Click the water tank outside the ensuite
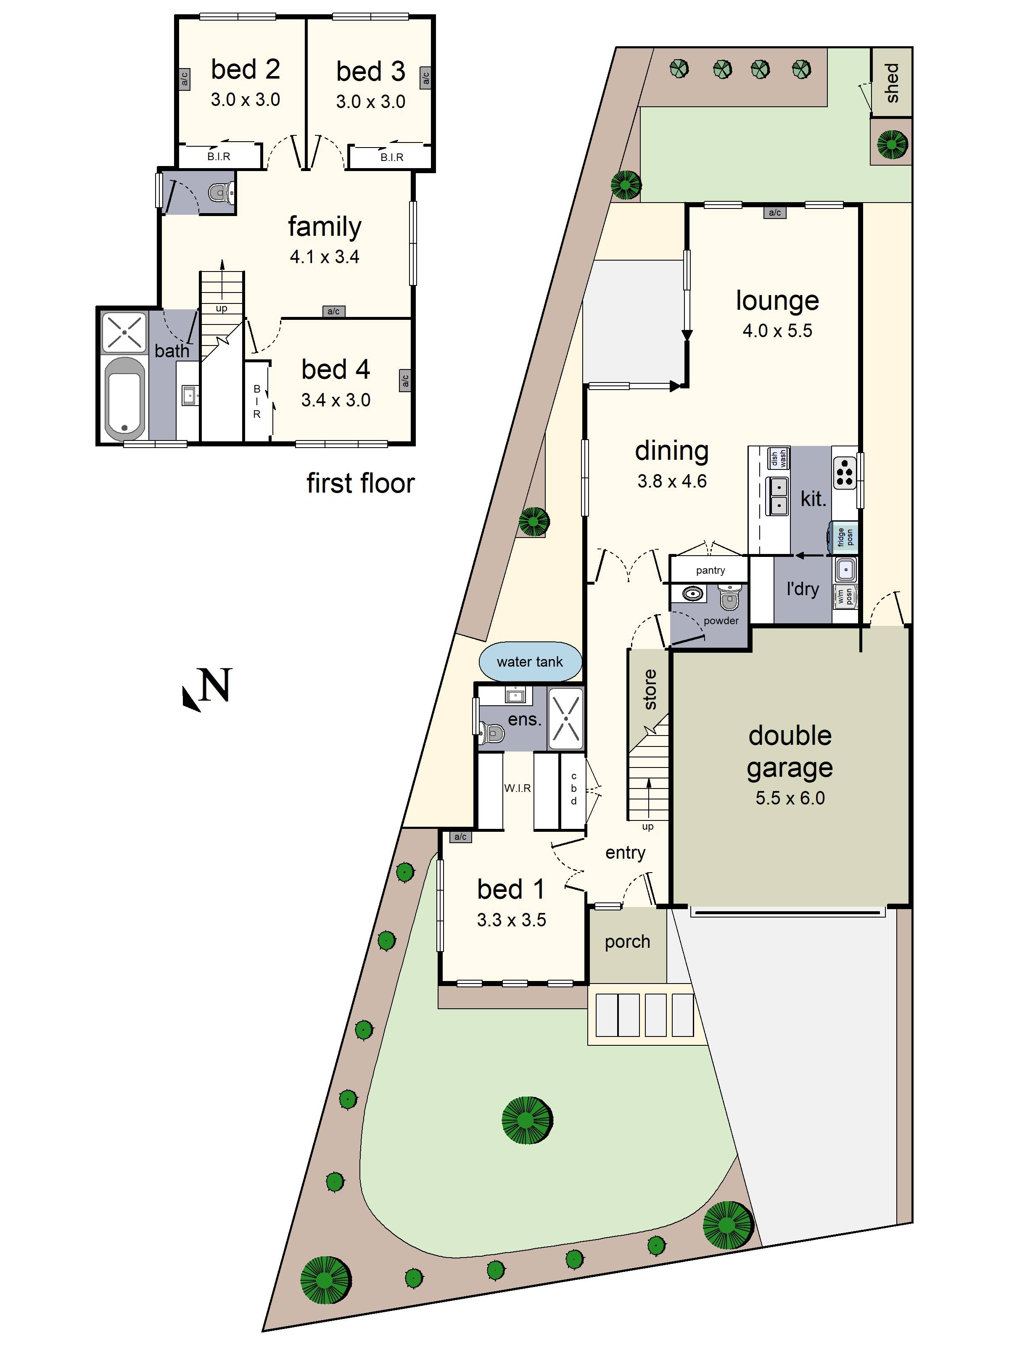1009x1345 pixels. click(530, 662)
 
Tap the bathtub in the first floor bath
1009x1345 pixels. click(125, 398)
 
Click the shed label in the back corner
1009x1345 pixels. click(892, 83)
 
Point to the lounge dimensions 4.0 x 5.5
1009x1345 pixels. click(777, 331)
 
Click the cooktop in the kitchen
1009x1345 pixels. click(844, 473)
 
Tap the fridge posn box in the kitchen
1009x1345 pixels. click(844, 537)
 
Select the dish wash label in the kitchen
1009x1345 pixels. click(779, 458)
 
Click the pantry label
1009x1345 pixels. click(711, 570)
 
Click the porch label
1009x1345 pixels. click(627, 942)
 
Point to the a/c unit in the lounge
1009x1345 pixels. click(774, 212)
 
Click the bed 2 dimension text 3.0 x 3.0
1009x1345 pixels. click(245, 100)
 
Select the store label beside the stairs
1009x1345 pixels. click(650, 690)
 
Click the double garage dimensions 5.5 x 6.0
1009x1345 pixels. click(790, 798)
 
